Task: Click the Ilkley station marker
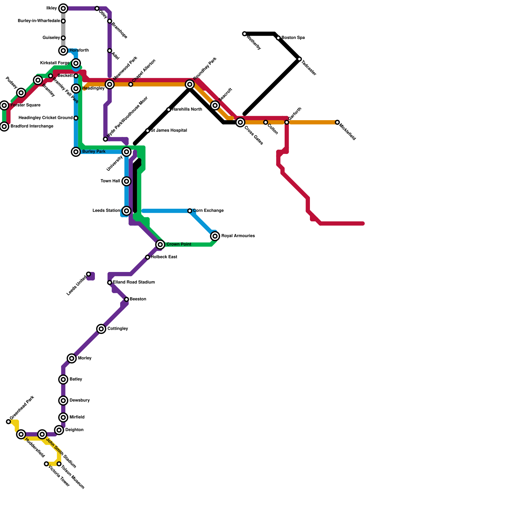click(x=63, y=9)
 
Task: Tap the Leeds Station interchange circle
click(x=126, y=211)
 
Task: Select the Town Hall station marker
click(x=126, y=181)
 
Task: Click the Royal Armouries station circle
click(x=215, y=236)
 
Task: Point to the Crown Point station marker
click(x=160, y=244)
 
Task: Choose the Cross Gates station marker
click(x=240, y=122)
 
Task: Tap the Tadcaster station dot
click(x=299, y=59)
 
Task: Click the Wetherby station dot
click(x=244, y=34)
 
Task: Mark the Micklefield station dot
click(x=337, y=122)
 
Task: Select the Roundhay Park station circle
click(x=190, y=84)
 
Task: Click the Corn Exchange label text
click(x=208, y=211)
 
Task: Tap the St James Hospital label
click(x=169, y=131)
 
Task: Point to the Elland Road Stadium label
click(x=134, y=282)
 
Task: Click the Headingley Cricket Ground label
click(x=46, y=118)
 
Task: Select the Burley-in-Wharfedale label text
click(x=39, y=21)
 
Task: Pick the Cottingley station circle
click(x=101, y=329)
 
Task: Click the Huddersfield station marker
click(x=21, y=434)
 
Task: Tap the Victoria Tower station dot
click(x=46, y=464)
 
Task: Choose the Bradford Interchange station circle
click(x=4, y=126)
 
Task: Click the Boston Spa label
click(x=293, y=38)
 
